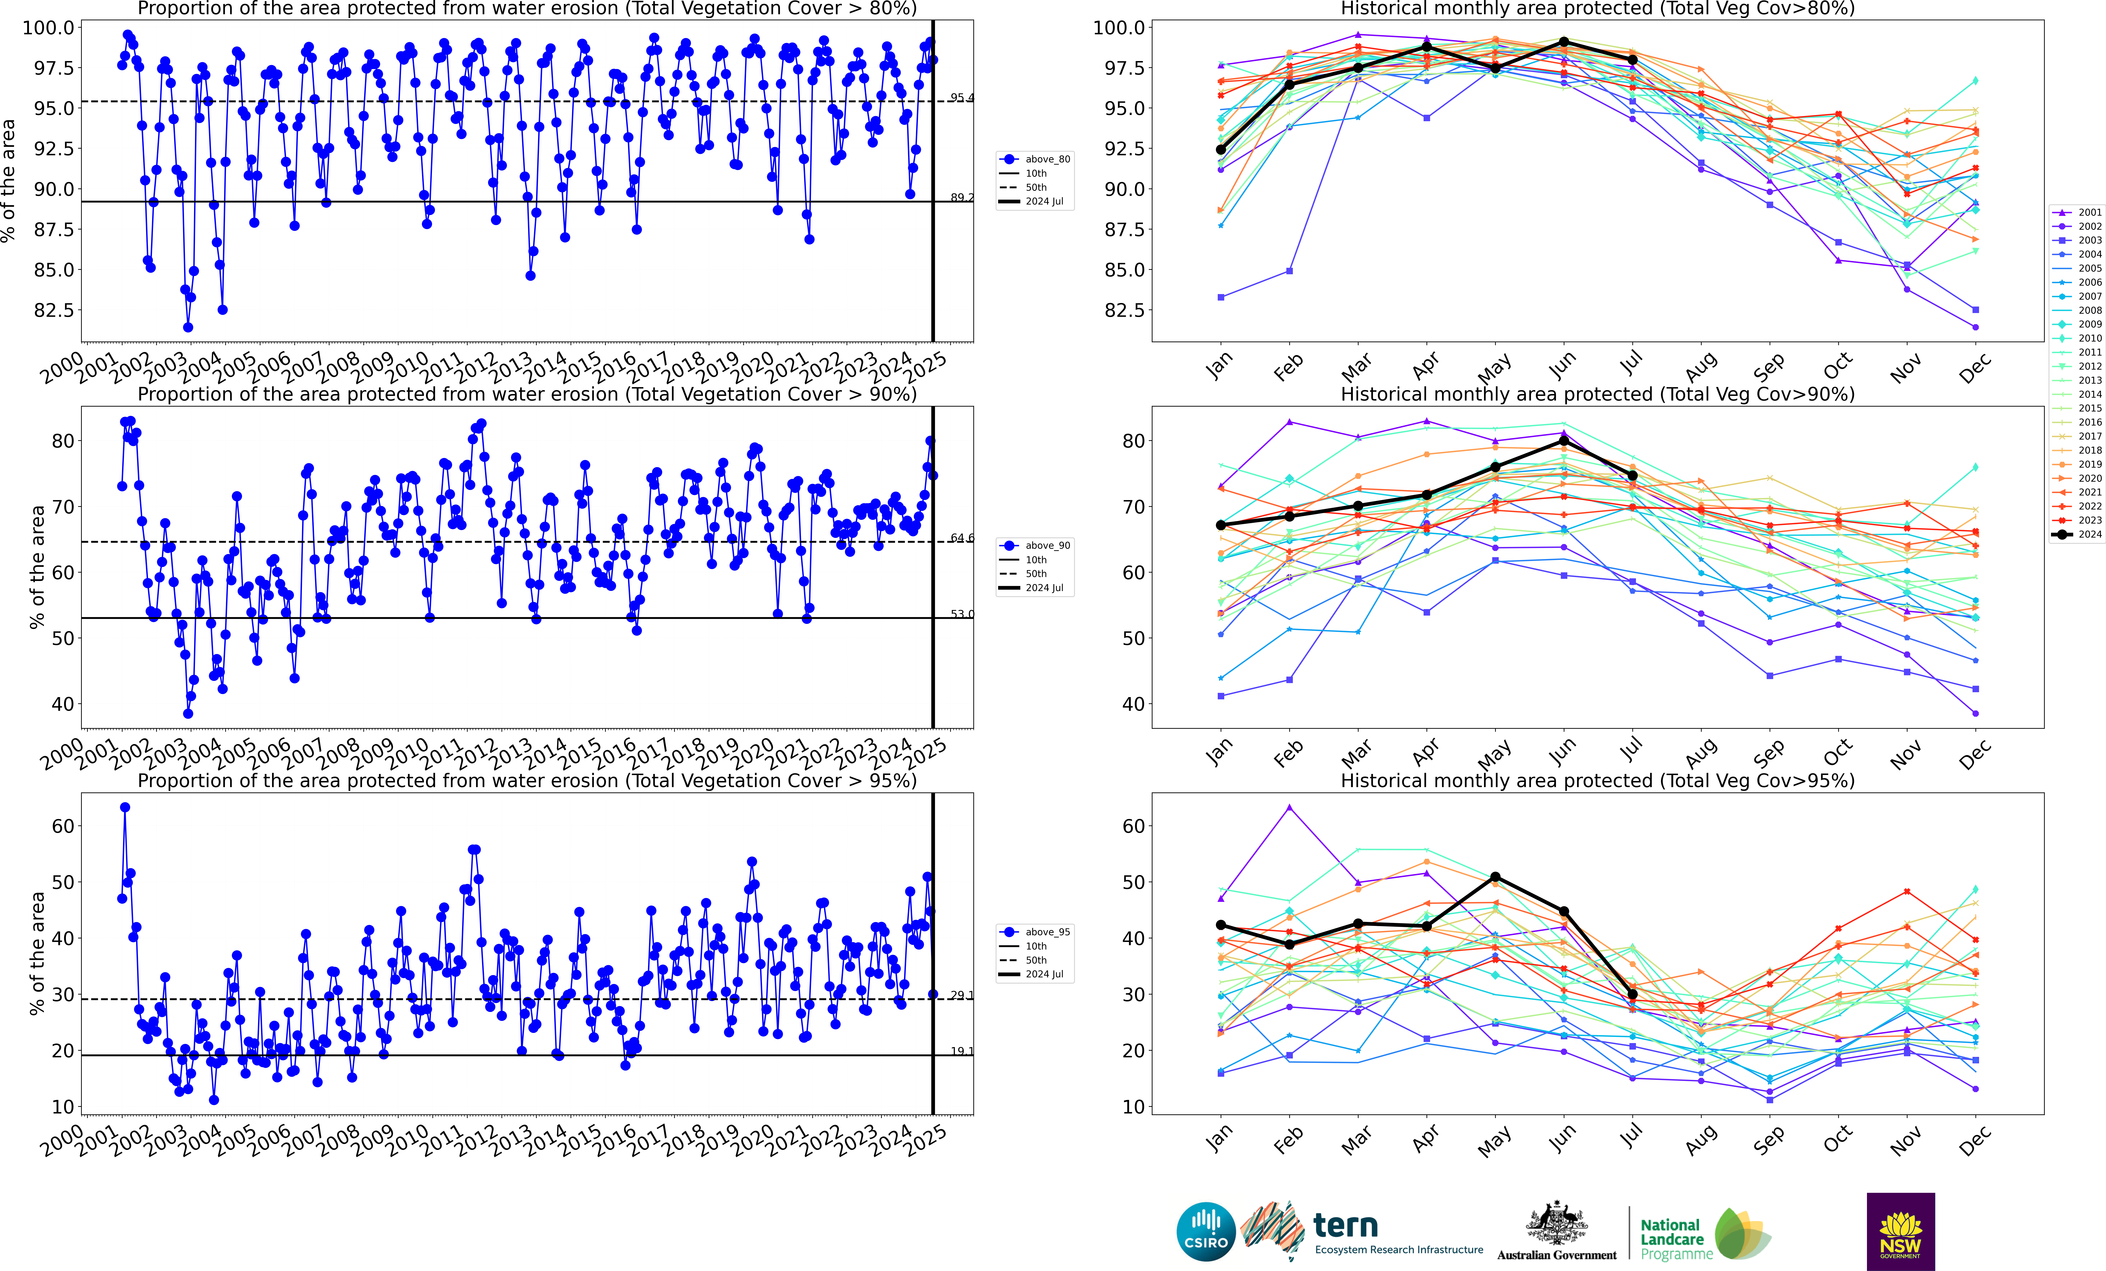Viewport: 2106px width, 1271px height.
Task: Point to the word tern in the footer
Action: pos(1345,1226)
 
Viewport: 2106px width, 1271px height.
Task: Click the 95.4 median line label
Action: pos(962,97)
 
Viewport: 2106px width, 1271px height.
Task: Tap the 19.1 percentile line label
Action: pos(962,1051)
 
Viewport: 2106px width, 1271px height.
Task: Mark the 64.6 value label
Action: pos(962,538)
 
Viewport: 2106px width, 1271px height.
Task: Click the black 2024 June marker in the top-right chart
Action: pos(1563,42)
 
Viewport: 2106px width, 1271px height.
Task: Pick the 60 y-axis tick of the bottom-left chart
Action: pos(63,826)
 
